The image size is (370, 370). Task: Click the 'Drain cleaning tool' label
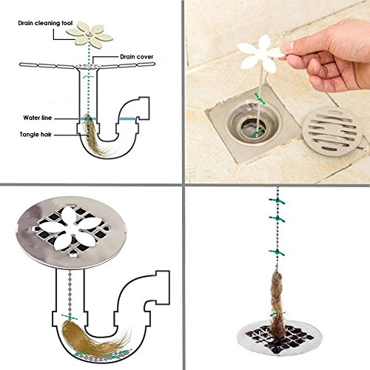(45, 23)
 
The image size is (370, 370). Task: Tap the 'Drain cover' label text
(137, 57)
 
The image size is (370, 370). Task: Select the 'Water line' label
(38, 118)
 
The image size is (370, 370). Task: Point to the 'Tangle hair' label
(36, 135)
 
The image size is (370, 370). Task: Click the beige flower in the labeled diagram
(90, 35)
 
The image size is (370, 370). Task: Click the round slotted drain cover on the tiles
(332, 131)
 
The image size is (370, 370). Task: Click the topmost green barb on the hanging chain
(277, 201)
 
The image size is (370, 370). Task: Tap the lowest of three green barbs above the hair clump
(277, 252)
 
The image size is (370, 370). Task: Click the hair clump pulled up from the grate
(278, 302)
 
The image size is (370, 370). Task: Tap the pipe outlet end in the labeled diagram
(143, 108)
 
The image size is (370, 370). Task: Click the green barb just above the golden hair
(70, 317)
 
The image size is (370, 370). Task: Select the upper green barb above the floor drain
(260, 98)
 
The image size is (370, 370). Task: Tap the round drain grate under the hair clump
(280, 337)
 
